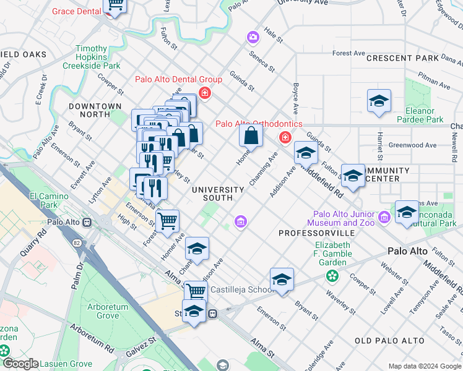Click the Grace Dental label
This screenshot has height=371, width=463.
point(76,11)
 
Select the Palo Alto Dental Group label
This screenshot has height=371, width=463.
point(170,80)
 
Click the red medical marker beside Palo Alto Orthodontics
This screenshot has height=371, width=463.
point(285,137)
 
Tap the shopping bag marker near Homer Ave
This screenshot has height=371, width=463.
point(251,135)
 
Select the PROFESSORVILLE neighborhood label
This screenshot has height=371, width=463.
point(316,233)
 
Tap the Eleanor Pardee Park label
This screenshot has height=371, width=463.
point(424,115)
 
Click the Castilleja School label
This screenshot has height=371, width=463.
point(242,289)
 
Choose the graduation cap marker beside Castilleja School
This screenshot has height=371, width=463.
point(282,279)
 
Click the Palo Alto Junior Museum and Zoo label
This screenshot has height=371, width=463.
point(341,218)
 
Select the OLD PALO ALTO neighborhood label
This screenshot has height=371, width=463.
point(389,341)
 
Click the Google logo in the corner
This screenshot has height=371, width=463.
point(20,363)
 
